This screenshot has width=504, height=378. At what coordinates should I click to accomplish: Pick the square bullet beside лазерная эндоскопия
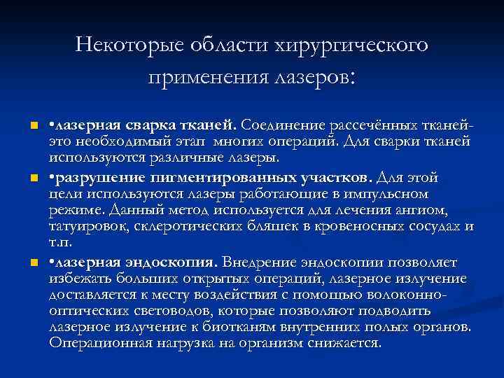23,262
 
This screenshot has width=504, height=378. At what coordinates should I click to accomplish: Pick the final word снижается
346,344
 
